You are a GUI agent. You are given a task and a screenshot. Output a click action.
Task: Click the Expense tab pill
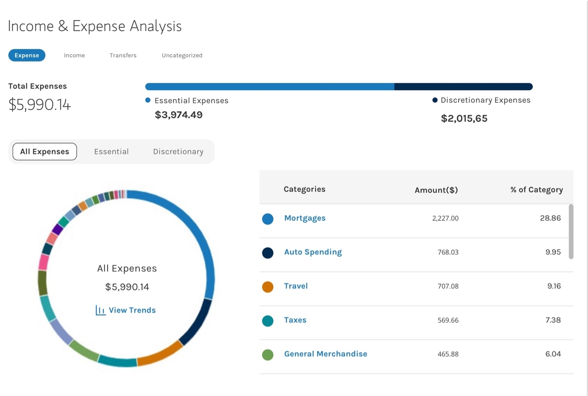pos(27,55)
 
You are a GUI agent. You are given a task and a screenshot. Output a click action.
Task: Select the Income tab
pos(74,55)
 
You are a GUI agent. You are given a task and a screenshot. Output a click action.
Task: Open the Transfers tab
pos(123,55)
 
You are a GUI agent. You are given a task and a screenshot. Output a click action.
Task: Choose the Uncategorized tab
pos(182,55)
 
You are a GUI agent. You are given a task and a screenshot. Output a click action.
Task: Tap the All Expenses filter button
pos(45,152)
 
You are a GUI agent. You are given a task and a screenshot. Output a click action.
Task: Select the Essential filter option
pos(111,152)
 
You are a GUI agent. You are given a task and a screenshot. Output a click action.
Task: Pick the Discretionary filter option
pos(178,152)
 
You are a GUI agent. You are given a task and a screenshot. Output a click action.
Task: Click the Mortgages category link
pos(305,218)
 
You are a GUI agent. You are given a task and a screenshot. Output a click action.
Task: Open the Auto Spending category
pos(313,252)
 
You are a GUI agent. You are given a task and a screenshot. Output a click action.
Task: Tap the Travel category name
pos(296,286)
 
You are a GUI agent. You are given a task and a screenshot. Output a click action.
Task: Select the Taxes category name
pos(295,320)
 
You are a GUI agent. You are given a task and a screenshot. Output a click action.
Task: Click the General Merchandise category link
pos(325,354)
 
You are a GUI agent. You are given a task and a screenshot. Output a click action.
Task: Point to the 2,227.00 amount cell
pos(445,219)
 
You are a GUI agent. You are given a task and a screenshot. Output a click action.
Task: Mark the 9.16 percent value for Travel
pos(554,286)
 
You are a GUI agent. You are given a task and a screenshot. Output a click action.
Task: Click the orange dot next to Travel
pos(268,287)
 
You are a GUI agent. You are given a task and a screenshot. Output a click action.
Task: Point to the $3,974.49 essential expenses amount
pos(179,115)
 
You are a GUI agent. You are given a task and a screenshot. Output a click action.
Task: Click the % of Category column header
pos(536,190)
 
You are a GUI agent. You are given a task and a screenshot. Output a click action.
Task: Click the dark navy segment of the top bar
pos(463,87)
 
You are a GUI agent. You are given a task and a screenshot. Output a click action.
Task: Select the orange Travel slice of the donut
pos(160,354)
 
